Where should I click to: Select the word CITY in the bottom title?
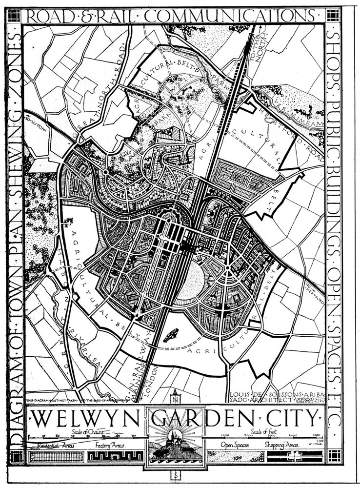[292, 418]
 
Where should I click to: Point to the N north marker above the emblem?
[175, 395]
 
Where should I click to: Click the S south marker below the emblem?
[175, 474]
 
